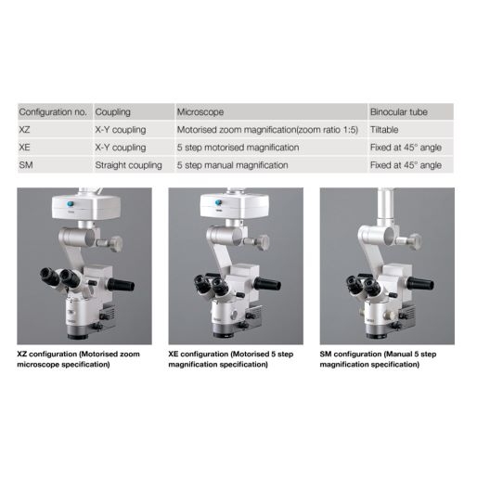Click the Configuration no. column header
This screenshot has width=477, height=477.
click(53, 112)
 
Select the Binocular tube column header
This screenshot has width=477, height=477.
click(399, 112)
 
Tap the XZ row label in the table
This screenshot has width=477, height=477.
click(24, 130)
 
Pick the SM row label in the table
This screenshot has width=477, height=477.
click(26, 165)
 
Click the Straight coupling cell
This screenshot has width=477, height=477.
click(128, 165)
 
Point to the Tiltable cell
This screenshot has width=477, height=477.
click(384, 130)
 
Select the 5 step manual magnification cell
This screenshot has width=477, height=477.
click(232, 165)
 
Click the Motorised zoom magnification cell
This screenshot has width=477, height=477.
click(267, 130)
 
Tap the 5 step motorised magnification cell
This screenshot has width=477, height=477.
click(238, 148)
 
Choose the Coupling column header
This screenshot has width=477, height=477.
click(112, 112)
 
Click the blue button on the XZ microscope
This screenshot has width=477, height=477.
click(71, 204)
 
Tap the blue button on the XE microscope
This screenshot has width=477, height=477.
click(219, 202)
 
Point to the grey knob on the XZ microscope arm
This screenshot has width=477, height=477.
click(116, 243)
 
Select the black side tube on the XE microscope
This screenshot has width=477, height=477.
click(267, 283)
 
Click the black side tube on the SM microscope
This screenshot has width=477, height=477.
click(419, 283)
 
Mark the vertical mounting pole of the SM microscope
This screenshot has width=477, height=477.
click(386, 207)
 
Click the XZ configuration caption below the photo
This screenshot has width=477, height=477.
click(78, 359)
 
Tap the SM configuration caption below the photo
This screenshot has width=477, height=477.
click(378, 359)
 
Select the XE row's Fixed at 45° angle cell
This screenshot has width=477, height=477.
click(406, 148)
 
